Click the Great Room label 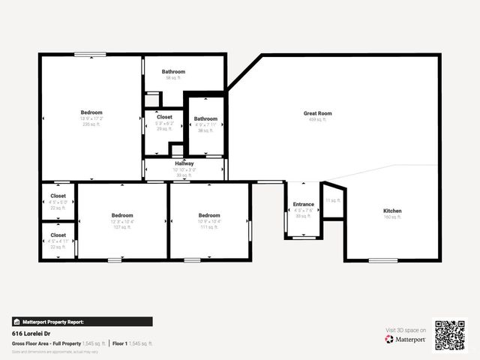[x=317, y=113]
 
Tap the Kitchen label [x=392, y=211]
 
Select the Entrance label [x=303, y=204]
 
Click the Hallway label [x=184, y=163]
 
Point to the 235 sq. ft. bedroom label [x=91, y=112]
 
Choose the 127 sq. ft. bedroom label [x=122, y=214]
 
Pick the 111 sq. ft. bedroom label [x=209, y=214]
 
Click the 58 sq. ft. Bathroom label [x=173, y=72]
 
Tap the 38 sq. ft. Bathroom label [x=205, y=118]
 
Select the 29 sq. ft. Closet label [x=164, y=117]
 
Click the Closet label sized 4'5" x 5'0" [x=58, y=196]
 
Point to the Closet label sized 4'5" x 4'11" [x=58, y=235]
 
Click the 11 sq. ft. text [x=332, y=200]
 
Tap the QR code [x=450, y=335]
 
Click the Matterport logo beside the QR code [x=406, y=339]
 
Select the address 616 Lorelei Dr [x=31, y=332]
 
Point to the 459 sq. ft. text [x=317, y=119]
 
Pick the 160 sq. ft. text [x=392, y=217]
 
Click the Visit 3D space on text [x=406, y=330]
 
